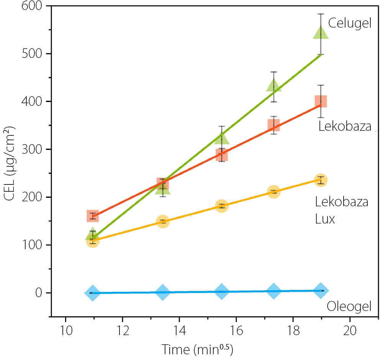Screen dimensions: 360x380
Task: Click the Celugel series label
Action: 350,23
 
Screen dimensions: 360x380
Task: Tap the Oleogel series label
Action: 349,307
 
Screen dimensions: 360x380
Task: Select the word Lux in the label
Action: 325,219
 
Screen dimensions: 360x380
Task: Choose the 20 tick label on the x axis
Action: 350,330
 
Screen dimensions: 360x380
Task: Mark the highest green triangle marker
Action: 321,33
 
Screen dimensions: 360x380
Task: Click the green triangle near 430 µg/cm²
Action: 274,85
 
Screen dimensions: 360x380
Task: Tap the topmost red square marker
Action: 321,101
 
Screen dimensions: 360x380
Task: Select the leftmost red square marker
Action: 93,216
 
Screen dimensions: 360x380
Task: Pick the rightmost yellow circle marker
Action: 321,180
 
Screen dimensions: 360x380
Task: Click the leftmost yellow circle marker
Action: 93,241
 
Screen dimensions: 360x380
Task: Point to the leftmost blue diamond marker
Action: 92,293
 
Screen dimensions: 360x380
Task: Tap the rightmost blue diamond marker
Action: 321,291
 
